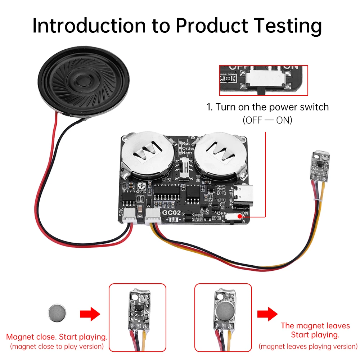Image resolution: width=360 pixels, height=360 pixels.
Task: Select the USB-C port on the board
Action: [x=245, y=196]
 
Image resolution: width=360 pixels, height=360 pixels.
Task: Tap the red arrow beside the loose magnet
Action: [x=89, y=314]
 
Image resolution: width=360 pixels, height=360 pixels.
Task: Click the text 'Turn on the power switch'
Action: [x=267, y=107]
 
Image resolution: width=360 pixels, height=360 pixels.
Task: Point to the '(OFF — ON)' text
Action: [x=267, y=120]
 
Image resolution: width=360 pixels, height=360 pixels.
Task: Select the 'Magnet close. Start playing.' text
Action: [x=57, y=337]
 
